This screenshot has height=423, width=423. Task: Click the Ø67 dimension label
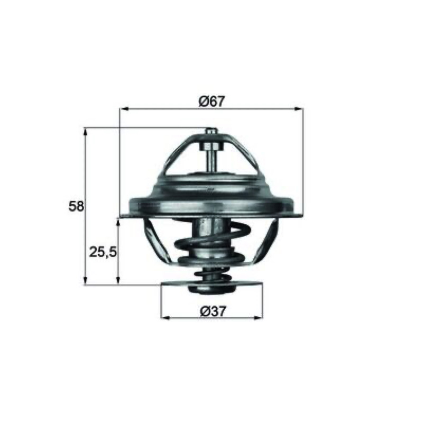tap(212, 102)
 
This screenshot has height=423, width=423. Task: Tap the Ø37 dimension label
tap(213, 311)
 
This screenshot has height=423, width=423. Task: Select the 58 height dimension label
tap(76, 206)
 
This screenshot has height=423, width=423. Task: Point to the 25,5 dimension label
tap(103, 252)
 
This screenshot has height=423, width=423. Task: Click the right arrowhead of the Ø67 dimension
tap(299, 109)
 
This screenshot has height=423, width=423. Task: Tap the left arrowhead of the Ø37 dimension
tap(164, 318)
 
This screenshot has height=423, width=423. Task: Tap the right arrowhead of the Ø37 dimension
tap(259, 318)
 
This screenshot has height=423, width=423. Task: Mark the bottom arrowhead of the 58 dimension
tap(86, 281)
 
